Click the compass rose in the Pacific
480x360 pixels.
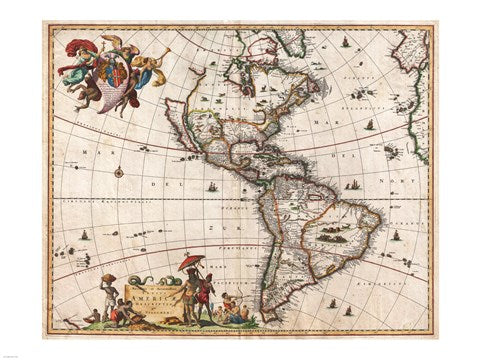(120, 173)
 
